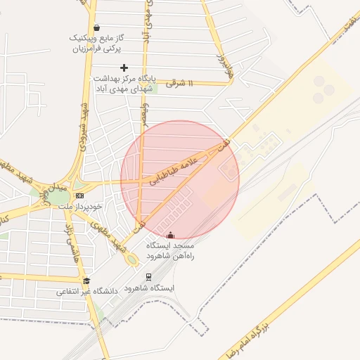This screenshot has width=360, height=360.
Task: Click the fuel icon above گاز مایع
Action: [x=96, y=28]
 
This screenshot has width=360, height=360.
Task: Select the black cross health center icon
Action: [x=124, y=67]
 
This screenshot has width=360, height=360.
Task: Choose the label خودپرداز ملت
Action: [x=79, y=206]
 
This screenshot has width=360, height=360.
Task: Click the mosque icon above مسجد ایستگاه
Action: [x=170, y=235]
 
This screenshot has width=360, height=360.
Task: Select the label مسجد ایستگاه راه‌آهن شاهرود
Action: [x=169, y=251]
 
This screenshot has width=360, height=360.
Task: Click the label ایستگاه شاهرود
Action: [x=149, y=288]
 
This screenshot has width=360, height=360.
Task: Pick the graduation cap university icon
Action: [x=86, y=281]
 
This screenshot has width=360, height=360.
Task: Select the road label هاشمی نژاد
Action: [x=69, y=240]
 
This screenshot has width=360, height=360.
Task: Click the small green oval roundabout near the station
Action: [x=131, y=259]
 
